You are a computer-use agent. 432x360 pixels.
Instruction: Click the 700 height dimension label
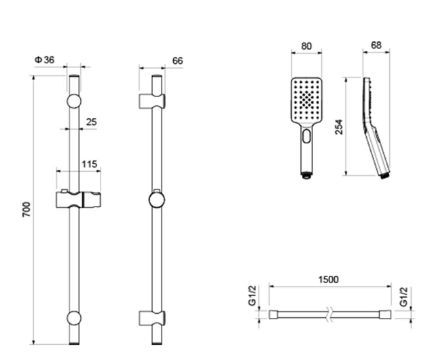(26, 209)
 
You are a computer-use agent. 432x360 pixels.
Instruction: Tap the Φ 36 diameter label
(44, 60)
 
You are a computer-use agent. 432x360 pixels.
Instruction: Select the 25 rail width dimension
(92, 122)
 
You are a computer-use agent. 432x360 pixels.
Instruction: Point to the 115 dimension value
(90, 164)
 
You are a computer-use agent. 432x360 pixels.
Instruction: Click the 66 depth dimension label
(177, 61)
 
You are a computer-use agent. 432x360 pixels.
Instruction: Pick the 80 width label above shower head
(306, 46)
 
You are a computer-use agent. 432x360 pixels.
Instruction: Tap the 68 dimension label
(376, 46)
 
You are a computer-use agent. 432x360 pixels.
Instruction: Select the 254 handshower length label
(339, 127)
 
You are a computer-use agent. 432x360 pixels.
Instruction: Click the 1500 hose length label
(328, 280)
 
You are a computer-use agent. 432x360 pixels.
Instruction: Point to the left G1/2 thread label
(253, 295)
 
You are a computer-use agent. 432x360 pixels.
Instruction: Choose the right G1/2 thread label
(403, 297)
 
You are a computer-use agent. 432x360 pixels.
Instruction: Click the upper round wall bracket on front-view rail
(74, 101)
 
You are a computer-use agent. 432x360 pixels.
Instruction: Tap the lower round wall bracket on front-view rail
(74, 318)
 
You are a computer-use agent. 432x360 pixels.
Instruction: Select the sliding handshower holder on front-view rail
(79, 199)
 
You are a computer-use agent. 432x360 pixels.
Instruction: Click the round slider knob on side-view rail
(157, 200)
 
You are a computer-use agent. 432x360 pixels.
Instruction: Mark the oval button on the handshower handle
(306, 137)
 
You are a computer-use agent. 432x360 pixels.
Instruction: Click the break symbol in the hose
(329, 314)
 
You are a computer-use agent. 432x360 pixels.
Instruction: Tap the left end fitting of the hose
(274, 314)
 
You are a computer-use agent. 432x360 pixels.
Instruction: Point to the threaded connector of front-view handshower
(306, 175)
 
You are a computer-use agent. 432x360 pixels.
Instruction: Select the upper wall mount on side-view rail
(152, 101)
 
